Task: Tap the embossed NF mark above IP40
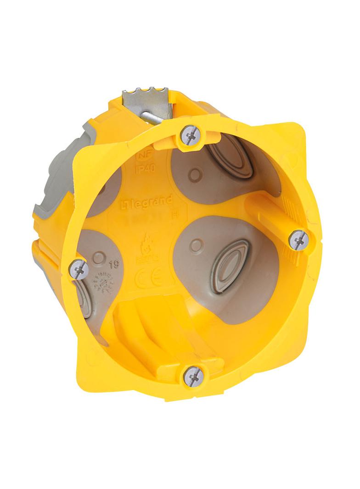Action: click(x=144, y=157)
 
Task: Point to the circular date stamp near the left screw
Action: click(x=105, y=284)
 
